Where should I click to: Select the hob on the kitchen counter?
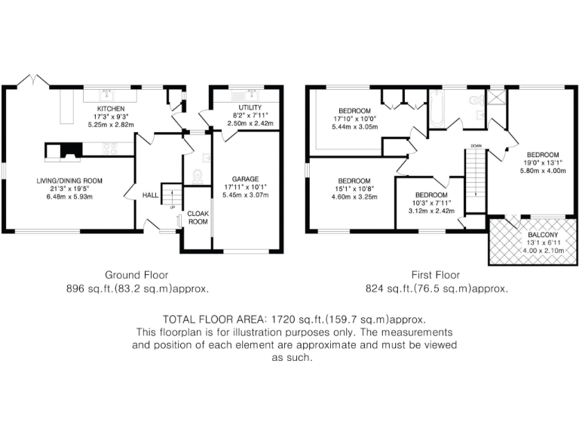point(109,148)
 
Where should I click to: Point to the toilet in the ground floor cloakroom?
point(198,177)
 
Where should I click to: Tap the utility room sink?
point(248,95)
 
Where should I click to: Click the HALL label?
point(149,195)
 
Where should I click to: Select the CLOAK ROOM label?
point(198,218)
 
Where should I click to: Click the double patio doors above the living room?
point(35,80)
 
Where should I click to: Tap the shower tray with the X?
point(496,96)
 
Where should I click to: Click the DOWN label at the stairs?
point(476,145)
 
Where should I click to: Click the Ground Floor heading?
point(136,276)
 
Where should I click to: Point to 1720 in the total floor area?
point(272,319)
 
